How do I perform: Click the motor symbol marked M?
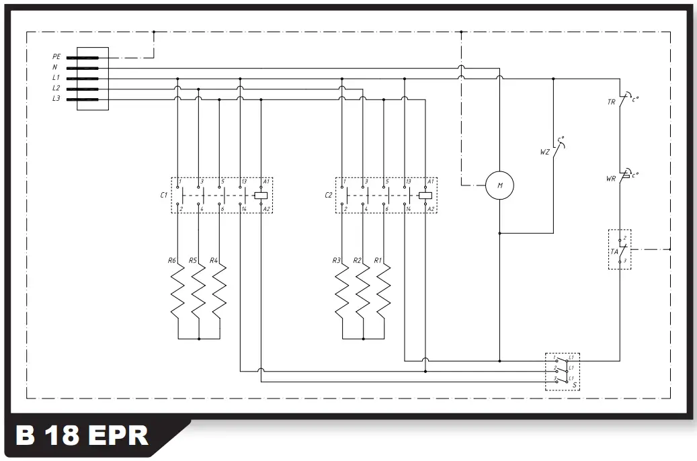coord(499,185)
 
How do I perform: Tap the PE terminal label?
coord(56,57)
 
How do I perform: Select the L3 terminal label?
coord(56,99)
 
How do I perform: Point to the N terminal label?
coord(55,67)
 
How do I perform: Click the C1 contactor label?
coord(163,195)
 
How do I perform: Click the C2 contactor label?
coord(328,195)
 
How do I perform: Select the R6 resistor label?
coord(171,259)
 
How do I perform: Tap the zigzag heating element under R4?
coord(220,292)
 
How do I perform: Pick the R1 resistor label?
coord(378,259)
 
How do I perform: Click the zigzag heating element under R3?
coord(342,292)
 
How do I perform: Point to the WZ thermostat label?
coord(544,152)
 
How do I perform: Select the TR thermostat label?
coord(611,102)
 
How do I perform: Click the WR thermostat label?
coord(611,179)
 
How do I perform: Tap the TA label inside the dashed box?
coord(614,251)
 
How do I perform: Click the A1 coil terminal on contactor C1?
coord(266,181)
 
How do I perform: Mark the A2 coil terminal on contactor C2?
coord(431,210)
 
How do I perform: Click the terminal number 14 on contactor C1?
coord(245,210)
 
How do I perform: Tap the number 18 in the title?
coord(63,435)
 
